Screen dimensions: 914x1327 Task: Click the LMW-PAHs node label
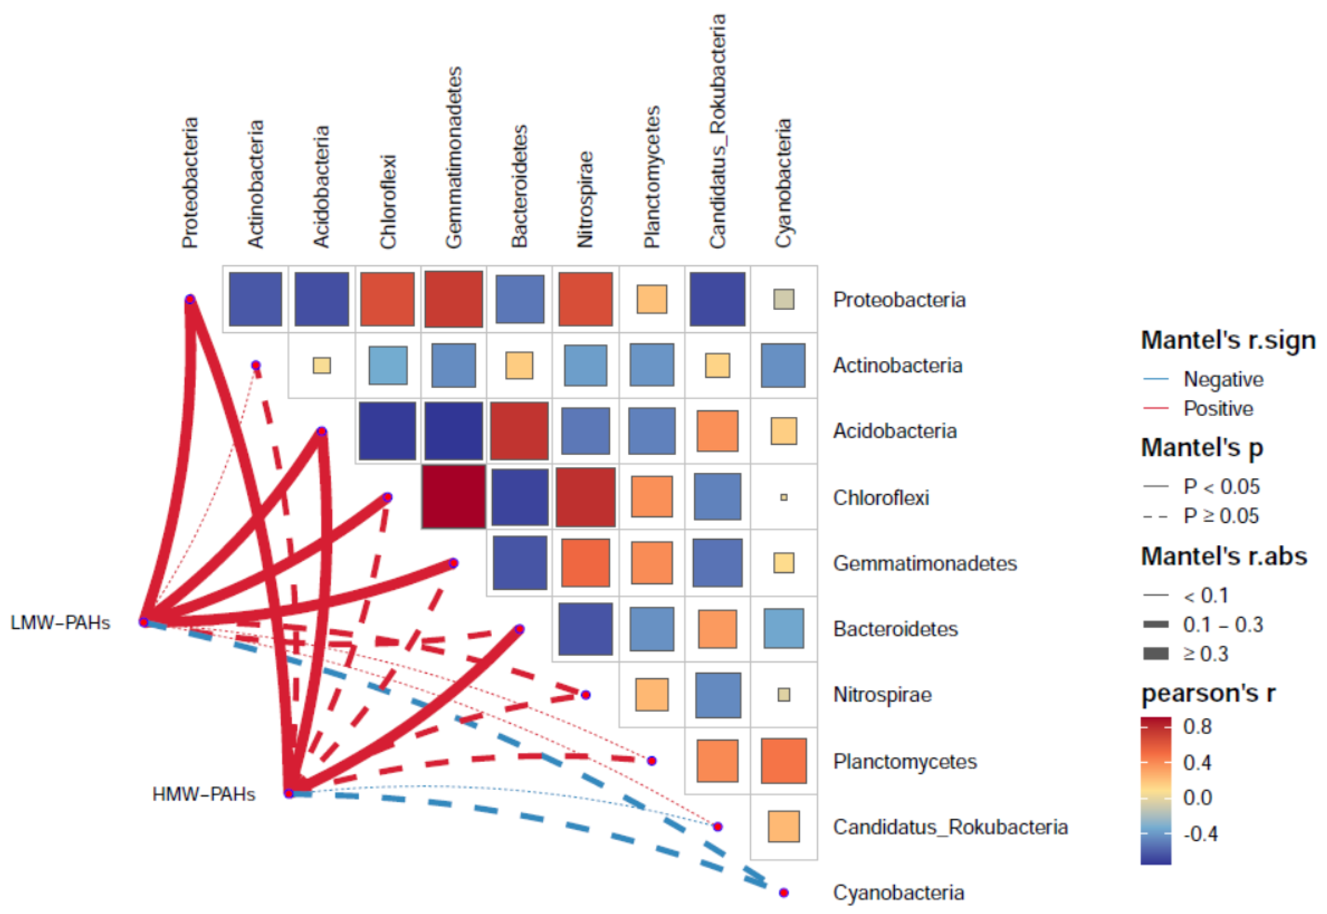pos(60,622)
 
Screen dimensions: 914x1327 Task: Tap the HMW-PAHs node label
pos(203,794)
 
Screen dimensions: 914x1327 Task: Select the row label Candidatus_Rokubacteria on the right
pos(950,827)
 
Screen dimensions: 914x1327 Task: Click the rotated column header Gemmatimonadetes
pos(454,157)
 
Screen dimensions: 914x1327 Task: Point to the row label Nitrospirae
pos(882,695)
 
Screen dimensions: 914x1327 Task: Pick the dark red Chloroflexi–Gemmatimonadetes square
pos(454,497)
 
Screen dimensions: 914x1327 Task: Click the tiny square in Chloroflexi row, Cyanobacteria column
pos(783,497)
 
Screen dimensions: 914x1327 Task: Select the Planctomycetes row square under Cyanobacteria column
pos(783,761)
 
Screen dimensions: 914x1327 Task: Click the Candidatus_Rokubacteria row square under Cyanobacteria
pos(783,826)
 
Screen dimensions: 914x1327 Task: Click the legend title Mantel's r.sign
pos(1228,340)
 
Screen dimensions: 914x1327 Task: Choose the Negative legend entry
pos(1223,379)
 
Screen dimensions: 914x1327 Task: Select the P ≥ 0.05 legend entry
pos(1221,516)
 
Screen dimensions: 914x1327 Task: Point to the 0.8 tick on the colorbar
pos(1197,727)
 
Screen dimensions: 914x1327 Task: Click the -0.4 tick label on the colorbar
pos(1200,834)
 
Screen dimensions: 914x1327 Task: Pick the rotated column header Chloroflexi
pos(388,201)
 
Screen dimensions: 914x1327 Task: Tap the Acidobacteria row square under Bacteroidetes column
pos(519,431)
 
